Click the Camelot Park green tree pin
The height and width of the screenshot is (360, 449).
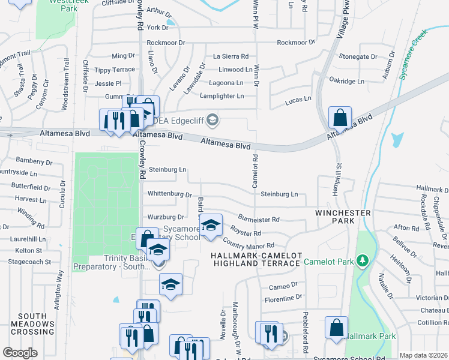(362, 261)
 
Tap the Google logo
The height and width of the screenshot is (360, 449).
(20, 353)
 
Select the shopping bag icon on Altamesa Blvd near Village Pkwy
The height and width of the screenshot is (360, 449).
(340, 117)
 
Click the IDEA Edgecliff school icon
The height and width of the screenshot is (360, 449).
(211, 121)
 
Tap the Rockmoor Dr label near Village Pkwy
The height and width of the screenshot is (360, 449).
(296, 43)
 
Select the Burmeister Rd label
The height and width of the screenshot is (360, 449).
(258, 220)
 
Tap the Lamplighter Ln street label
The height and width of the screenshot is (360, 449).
(222, 96)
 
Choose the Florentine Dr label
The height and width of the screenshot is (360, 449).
(282, 297)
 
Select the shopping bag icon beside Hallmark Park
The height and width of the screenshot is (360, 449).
(336, 328)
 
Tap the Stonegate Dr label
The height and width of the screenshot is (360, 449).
(358, 56)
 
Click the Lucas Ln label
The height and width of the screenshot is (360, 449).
(298, 99)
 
